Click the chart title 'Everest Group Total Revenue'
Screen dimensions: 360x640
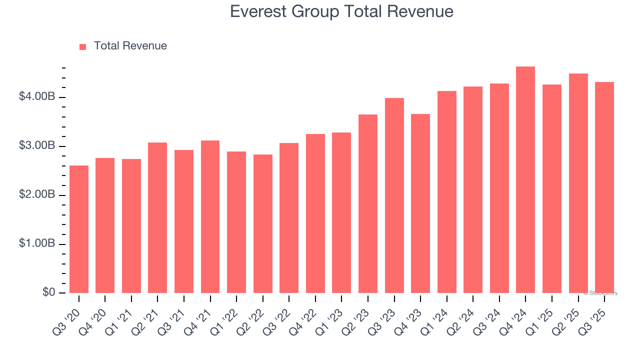(341, 11)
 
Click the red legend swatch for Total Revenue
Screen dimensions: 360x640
(83, 46)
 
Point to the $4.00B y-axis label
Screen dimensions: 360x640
(37, 96)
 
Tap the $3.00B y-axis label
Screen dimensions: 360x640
(37, 146)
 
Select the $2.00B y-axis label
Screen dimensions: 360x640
(37, 195)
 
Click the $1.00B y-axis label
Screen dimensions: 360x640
(37, 244)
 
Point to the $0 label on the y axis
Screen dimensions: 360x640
(48, 292)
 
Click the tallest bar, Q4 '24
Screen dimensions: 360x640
(525, 180)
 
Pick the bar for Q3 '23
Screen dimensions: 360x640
(394, 195)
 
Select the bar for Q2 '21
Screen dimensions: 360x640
(157, 217)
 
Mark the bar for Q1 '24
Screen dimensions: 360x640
(446, 192)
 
